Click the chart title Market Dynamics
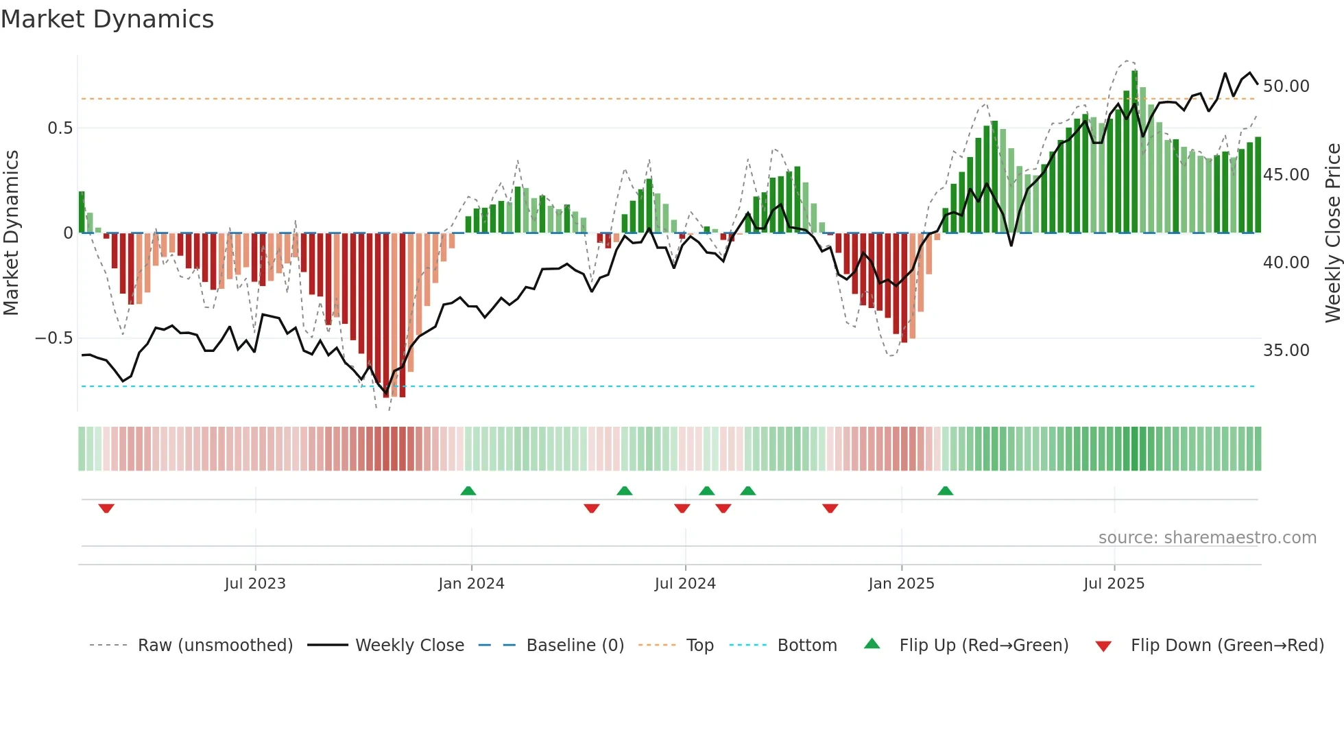[x=108, y=19]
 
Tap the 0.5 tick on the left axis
[x=60, y=128]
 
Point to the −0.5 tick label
[x=53, y=338]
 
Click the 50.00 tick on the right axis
[x=1286, y=86]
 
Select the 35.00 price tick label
[x=1286, y=351]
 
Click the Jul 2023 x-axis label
[x=255, y=584]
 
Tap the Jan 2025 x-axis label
[x=901, y=584]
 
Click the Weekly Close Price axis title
[x=1332, y=233]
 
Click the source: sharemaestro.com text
[x=1207, y=538]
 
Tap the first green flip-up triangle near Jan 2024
[x=468, y=491]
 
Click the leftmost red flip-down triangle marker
[x=106, y=508]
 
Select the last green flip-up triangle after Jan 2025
[x=945, y=491]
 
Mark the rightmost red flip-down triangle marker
[x=830, y=508]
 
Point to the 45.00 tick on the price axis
[x=1286, y=175]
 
